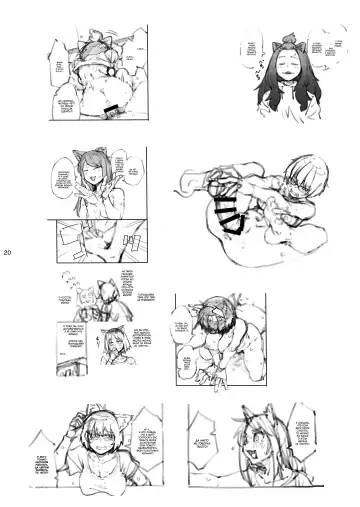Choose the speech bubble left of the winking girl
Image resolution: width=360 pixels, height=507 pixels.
point(62,184)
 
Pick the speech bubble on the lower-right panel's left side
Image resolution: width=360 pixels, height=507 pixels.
point(183,325)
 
